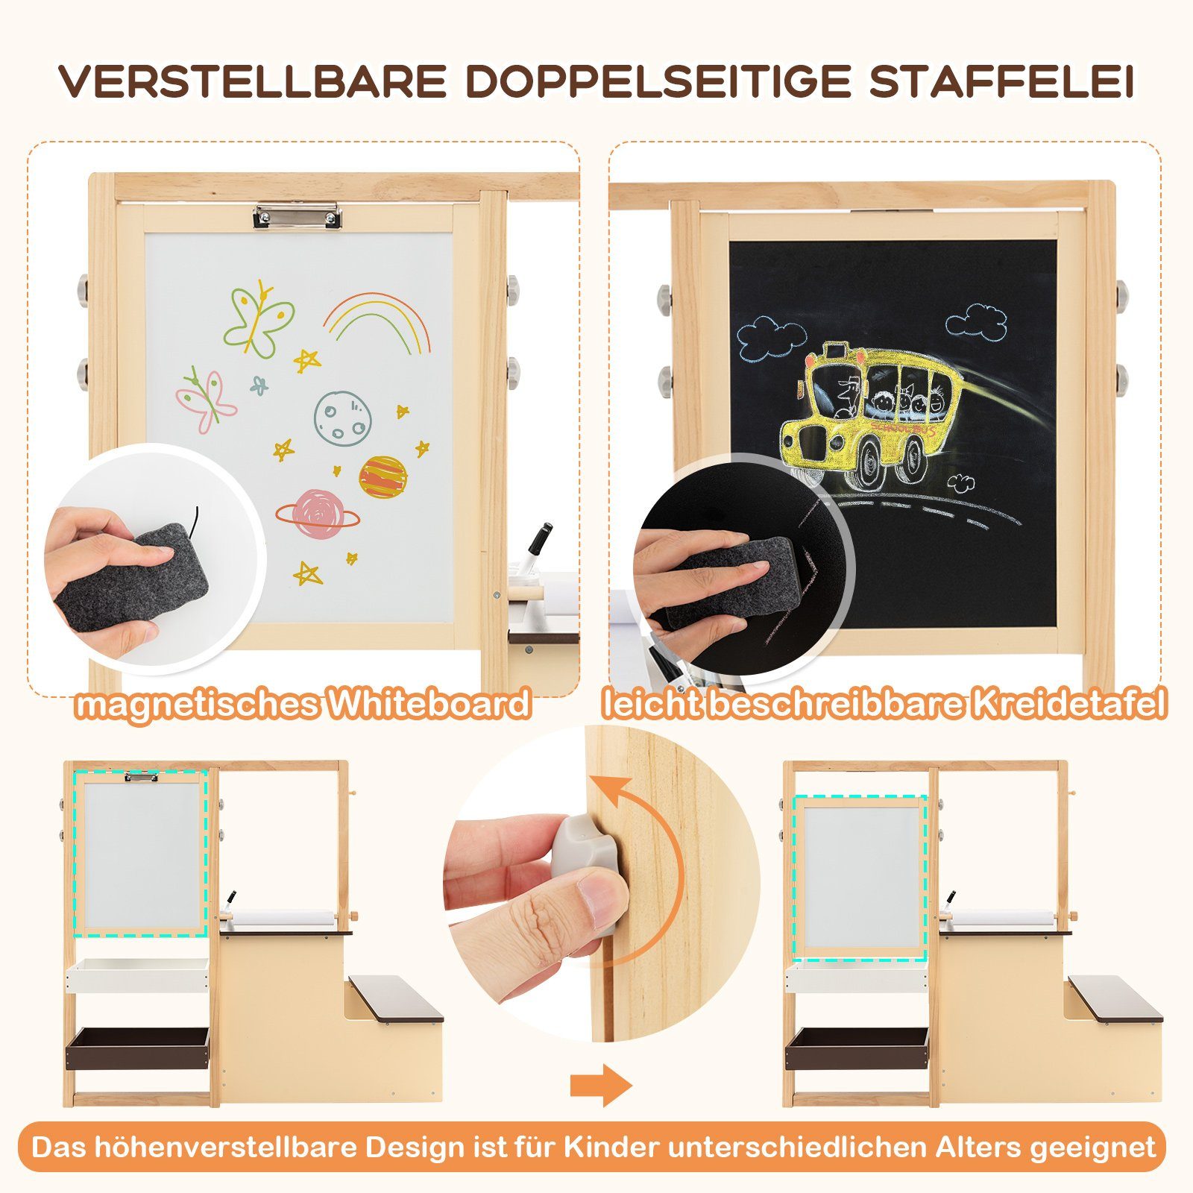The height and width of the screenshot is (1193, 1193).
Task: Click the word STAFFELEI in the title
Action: tap(1001, 81)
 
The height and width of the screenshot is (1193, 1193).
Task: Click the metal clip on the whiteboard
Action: tap(298, 216)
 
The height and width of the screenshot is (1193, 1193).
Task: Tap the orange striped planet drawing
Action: tap(383, 477)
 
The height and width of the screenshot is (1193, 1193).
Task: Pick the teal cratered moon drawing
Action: tap(340, 418)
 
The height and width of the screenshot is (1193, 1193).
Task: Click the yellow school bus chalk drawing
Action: tap(872, 410)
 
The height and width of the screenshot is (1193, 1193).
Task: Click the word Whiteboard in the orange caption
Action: tap(430, 704)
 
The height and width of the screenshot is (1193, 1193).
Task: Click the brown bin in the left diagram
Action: tap(138, 1048)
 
